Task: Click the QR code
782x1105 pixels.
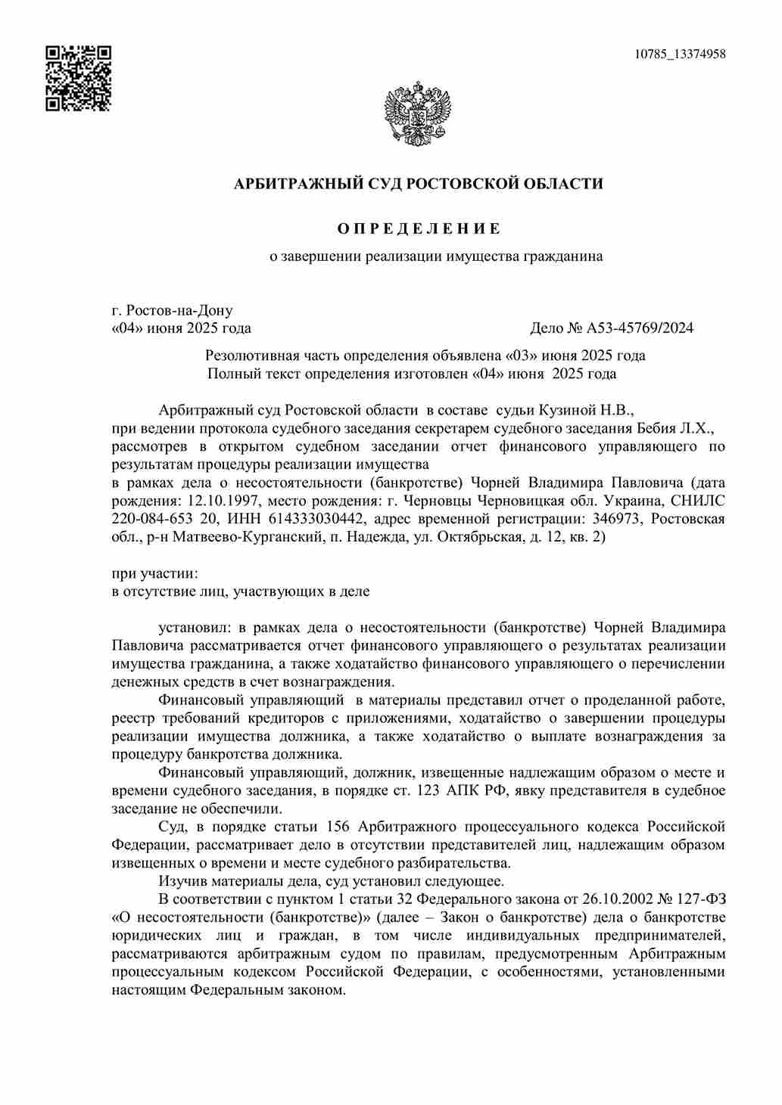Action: pyautogui.click(x=78, y=78)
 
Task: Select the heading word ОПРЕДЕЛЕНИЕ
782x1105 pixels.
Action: pyautogui.click(x=418, y=228)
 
